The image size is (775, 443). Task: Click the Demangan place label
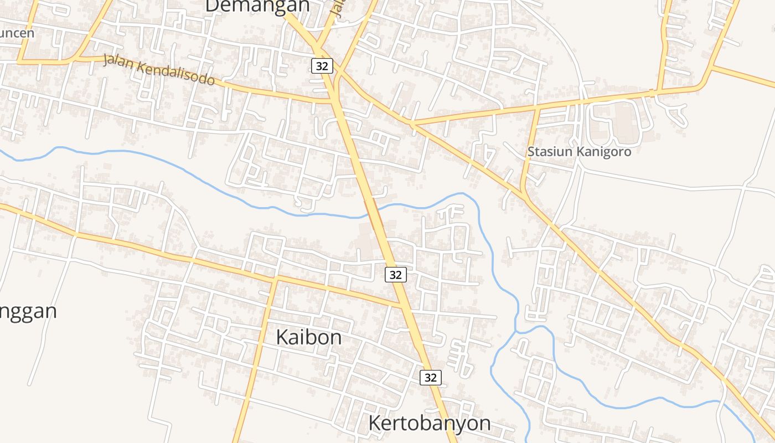(257, 6)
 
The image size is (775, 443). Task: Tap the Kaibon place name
(308, 337)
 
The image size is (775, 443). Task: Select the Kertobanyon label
(429, 423)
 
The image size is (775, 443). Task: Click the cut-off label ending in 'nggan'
(28, 311)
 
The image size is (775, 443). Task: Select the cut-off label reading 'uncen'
(17, 33)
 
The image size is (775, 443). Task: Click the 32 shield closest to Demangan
(322, 66)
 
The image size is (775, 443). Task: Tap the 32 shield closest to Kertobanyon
(430, 378)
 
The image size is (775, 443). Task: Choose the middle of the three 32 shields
(395, 274)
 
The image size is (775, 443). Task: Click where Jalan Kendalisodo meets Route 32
(335, 101)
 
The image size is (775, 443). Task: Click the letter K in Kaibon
(282, 337)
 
